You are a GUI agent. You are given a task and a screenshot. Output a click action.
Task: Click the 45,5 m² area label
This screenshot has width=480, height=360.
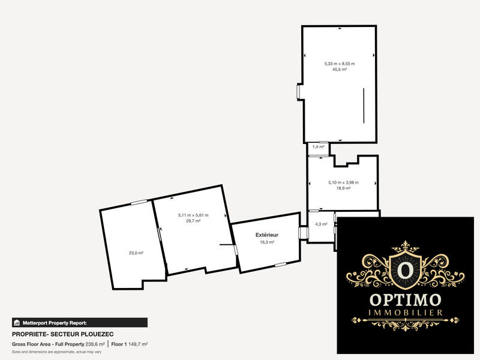(340, 70)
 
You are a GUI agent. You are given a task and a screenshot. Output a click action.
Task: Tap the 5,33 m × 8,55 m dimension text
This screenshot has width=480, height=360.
(340, 64)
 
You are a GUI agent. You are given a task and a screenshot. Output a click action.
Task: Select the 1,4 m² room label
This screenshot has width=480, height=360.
(318, 146)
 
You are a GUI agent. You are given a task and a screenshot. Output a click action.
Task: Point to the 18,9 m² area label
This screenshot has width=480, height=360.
(343, 188)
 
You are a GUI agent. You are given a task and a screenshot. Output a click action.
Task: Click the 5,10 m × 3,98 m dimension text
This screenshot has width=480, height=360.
(343, 182)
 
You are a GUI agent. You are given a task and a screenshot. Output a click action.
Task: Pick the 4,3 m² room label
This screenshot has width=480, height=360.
(321, 224)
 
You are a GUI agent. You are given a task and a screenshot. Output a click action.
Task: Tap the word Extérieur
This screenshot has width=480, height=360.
(266, 235)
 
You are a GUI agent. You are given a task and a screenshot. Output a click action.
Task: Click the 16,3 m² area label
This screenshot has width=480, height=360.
(266, 242)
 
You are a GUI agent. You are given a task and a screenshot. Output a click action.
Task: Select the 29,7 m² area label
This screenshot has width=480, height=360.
(193, 221)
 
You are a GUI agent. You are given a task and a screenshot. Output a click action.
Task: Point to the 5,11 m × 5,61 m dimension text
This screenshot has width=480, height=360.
(193, 215)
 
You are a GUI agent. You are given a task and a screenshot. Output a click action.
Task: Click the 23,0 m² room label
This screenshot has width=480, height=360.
(136, 253)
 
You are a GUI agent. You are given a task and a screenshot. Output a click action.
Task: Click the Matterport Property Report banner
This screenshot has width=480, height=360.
(79, 322)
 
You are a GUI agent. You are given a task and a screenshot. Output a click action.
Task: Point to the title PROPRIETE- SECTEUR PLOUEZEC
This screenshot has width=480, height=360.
(63, 334)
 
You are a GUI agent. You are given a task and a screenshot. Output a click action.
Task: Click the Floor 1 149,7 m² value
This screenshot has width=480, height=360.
(130, 344)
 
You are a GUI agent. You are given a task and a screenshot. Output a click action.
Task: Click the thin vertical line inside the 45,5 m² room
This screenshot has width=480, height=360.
(363, 106)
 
